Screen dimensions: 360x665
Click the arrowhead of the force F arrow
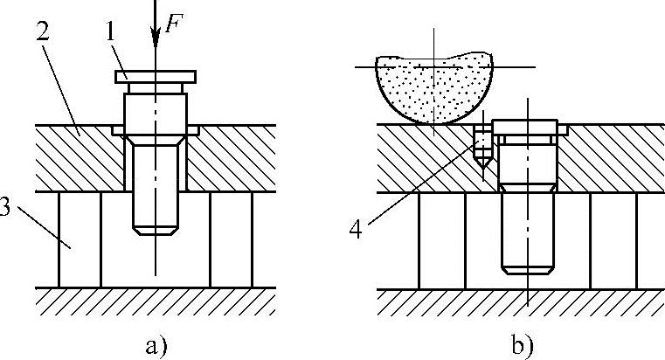(155, 39)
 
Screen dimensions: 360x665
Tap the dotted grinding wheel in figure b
(433, 87)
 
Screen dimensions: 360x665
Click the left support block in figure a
(80, 238)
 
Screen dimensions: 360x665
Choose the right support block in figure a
(231, 238)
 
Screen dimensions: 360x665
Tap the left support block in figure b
(441, 238)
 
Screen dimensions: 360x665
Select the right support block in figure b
(612, 238)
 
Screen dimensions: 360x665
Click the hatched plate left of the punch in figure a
(74, 157)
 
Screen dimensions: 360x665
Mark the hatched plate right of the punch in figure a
(232, 157)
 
